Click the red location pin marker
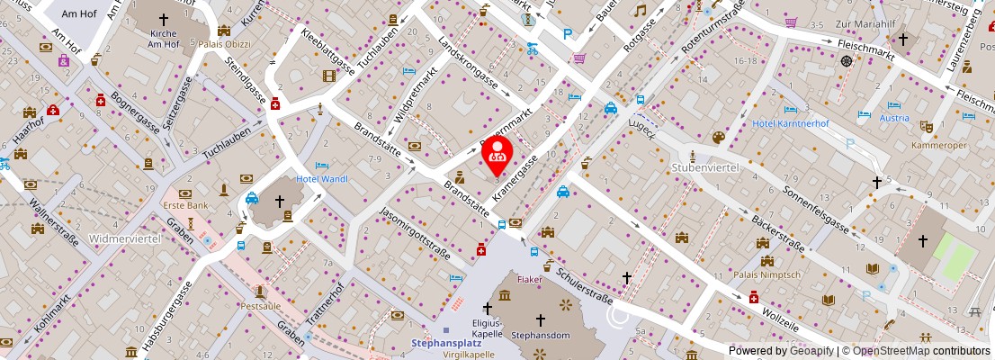pyautogui.click(x=497, y=154)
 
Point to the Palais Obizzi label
pyautogui.click(x=222, y=43)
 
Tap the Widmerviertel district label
pyautogui.click(x=126, y=238)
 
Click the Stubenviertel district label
pyautogui.click(x=705, y=167)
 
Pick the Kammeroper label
pyautogui.click(x=937, y=145)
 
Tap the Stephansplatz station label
pyautogui.click(x=446, y=342)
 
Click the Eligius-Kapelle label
pyautogui.click(x=488, y=327)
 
